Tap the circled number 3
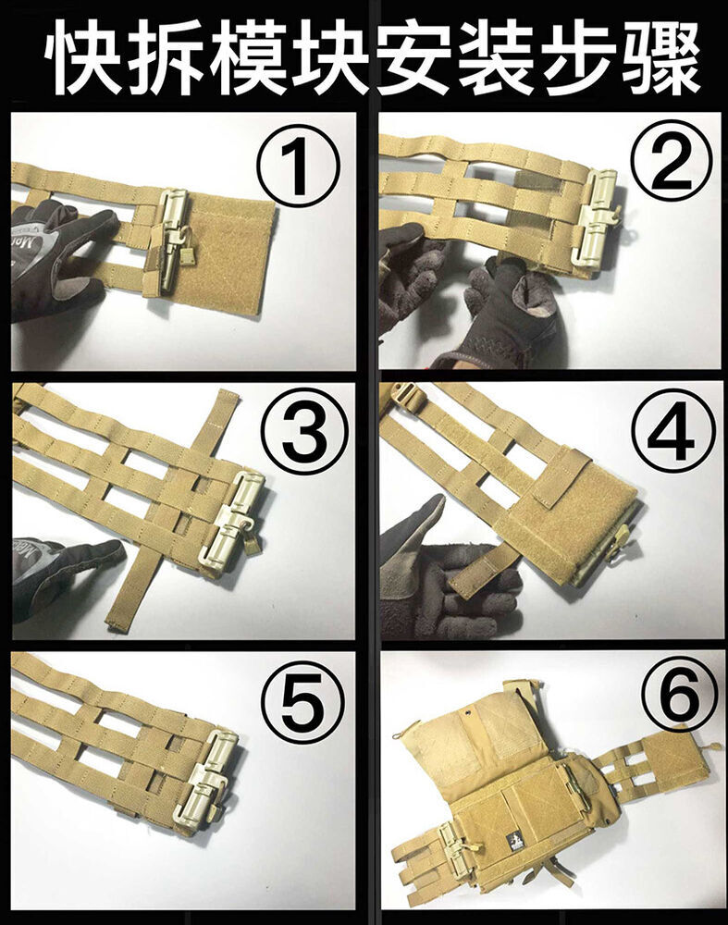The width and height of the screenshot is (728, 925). pyautogui.click(x=303, y=438)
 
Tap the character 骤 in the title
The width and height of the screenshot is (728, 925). pyautogui.click(x=662, y=58)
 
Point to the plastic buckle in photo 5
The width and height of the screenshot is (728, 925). pyautogui.click(x=209, y=781)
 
